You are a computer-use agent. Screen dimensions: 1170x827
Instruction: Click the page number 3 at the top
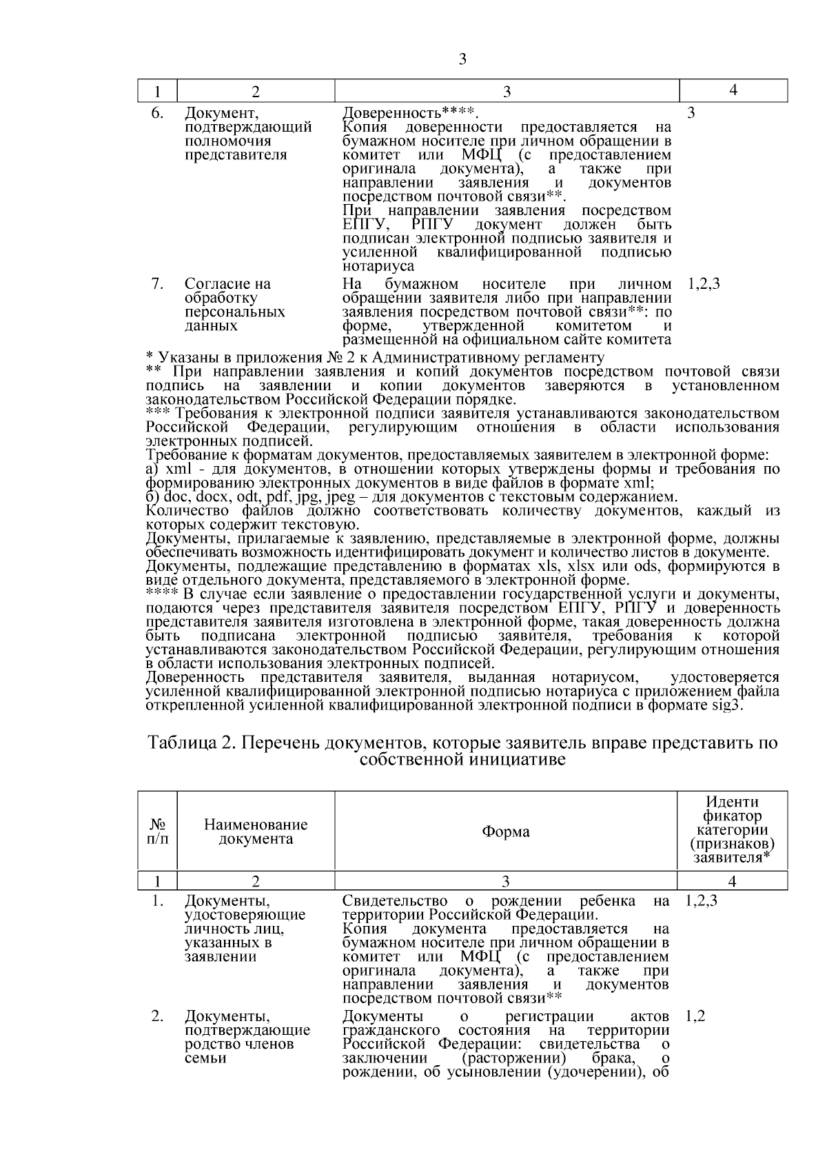coord(462,59)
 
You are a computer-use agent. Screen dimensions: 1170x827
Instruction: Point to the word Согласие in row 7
coord(212,283)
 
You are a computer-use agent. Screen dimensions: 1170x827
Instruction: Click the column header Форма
coord(505,831)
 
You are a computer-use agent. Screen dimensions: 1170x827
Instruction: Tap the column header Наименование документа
coord(256,831)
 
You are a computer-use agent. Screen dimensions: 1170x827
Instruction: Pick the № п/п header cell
coord(157,831)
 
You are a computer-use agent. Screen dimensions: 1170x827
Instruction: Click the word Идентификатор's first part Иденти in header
coord(732,802)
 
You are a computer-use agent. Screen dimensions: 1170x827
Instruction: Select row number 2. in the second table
coord(157,1016)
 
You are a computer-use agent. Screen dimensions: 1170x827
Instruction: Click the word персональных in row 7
coord(234,312)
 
